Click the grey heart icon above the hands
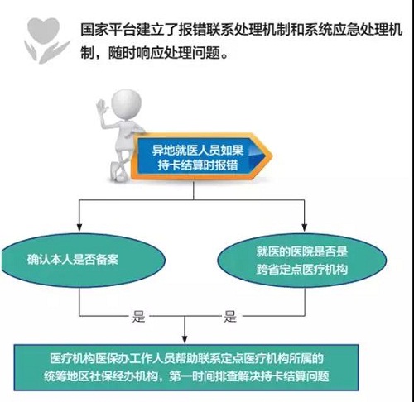pyautogui.click(x=44, y=29)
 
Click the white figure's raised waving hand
pyautogui.click(x=103, y=108)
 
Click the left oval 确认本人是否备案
pyautogui.click(x=83, y=260)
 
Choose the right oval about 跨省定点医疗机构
pyautogui.click(x=302, y=261)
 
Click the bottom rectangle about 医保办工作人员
pyautogui.click(x=186, y=367)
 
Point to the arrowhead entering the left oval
pyautogui.click(x=79, y=227)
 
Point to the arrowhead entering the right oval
pyautogui.click(x=305, y=227)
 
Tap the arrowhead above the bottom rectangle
pyautogui.click(x=185, y=339)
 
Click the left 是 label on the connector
pyautogui.click(x=138, y=316)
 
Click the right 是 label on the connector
pyautogui.click(x=230, y=316)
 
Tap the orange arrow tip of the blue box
pyautogui.click(x=268, y=156)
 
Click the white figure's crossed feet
pyautogui.click(x=118, y=171)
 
